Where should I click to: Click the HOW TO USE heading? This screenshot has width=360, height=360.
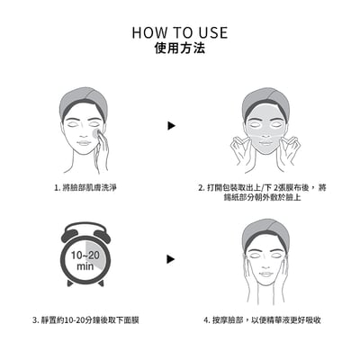[x=180, y=32]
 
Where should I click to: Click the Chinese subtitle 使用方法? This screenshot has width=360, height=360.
[x=180, y=49]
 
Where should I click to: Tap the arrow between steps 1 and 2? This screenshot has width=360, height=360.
[x=170, y=126]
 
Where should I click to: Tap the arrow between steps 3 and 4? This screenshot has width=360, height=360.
[x=170, y=259]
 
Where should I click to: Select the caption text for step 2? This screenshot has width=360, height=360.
[x=264, y=193]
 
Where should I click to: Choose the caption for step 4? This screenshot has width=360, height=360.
[x=263, y=319]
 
